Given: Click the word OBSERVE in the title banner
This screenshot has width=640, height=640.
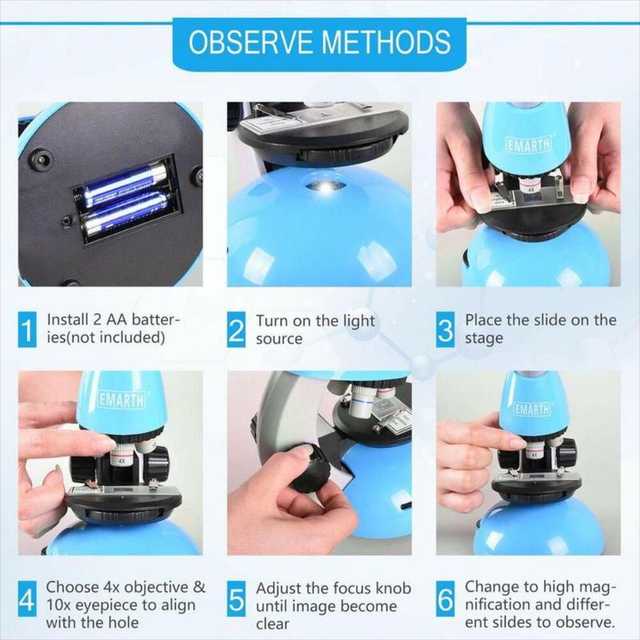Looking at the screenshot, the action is [x=250, y=42].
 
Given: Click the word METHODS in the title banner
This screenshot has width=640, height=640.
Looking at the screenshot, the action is [x=386, y=42].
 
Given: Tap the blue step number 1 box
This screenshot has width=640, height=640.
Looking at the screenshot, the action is [x=27, y=330].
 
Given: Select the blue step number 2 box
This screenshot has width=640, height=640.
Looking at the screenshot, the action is [x=236, y=330].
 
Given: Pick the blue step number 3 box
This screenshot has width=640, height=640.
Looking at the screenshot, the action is [x=446, y=330].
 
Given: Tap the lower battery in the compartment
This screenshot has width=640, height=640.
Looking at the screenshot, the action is [x=126, y=215].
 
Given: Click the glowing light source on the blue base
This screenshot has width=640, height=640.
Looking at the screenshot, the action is [x=325, y=187].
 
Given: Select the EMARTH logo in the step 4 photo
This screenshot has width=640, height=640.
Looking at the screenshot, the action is [x=122, y=400].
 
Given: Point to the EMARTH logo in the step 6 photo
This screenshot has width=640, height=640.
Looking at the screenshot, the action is [x=531, y=409].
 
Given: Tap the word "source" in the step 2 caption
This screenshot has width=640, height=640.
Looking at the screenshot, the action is [x=279, y=338].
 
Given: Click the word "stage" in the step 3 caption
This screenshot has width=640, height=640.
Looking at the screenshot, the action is [x=484, y=338].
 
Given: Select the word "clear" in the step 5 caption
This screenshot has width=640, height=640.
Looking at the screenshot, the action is [x=273, y=624].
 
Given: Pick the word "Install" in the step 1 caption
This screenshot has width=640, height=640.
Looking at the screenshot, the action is [x=67, y=319].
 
